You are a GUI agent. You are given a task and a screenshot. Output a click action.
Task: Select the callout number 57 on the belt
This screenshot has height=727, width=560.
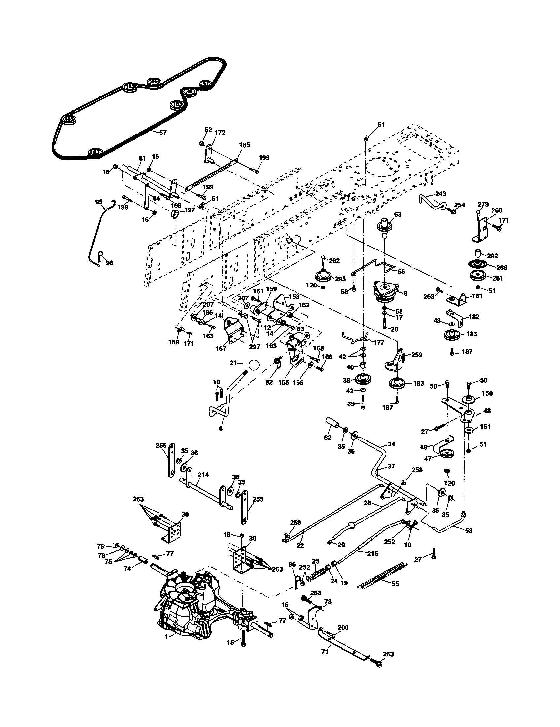coord(162,133)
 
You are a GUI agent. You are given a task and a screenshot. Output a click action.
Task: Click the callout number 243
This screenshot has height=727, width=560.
coord(440,194)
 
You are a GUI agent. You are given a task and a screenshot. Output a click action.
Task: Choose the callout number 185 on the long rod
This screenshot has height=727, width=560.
coord(244,145)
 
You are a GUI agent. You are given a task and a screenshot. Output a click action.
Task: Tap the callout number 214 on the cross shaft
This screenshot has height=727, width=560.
coord(203,475)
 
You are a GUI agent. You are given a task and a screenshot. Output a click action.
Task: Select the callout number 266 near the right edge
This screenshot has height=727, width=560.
coord(502,268)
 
